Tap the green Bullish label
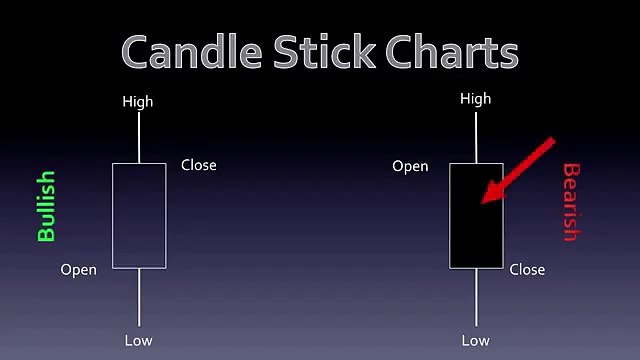46,207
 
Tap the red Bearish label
571,202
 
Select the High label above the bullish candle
138,101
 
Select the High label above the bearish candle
476,99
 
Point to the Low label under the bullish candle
138,341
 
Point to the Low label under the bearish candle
476,341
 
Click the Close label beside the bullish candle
198,165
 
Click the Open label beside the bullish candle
79,269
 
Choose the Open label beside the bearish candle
410,166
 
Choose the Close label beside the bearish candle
527,269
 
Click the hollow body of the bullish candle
138,215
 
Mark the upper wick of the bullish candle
138,137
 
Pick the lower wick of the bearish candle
476,298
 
